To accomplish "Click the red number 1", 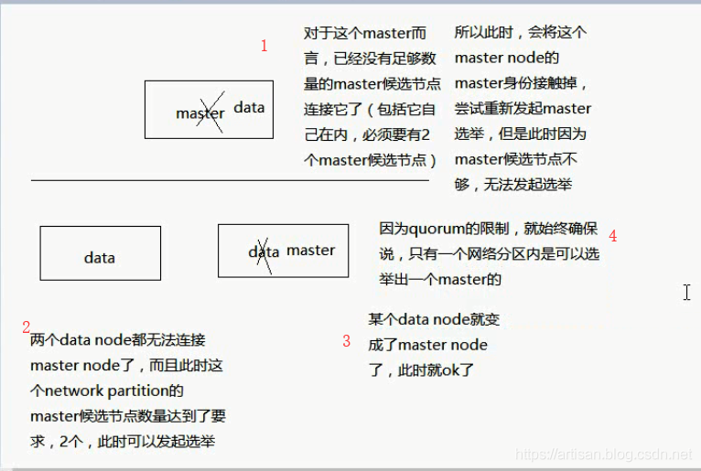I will pyautogui.click(x=264, y=46).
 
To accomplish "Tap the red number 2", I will pyautogui.click(x=27, y=326).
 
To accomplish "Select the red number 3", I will pyautogui.click(x=346, y=341).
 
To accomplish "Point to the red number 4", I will pyautogui.click(x=612, y=236).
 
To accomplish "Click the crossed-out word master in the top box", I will pyautogui.click(x=200, y=113).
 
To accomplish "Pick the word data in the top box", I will pyautogui.click(x=249, y=107).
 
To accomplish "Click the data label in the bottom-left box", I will pyautogui.click(x=99, y=258).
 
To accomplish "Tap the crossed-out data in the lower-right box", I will pyautogui.click(x=264, y=252).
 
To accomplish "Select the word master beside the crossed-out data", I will pyautogui.click(x=311, y=250).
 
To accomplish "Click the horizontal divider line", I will pyautogui.click(x=229, y=181).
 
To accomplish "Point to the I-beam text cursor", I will pyautogui.click(x=687, y=292).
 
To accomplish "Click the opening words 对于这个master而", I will pyautogui.click(x=365, y=33).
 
